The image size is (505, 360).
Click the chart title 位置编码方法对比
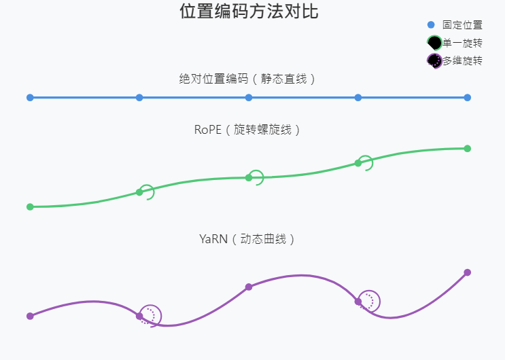coord(249,12)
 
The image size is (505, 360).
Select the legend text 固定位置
coord(462,25)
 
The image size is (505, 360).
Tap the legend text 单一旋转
coord(462,43)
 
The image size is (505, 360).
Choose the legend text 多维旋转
coord(462,60)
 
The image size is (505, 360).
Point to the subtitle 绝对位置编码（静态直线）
coord(249,79)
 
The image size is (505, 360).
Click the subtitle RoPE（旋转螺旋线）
coord(249,129)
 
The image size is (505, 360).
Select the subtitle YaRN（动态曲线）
coord(249,239)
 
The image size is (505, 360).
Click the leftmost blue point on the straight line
coord(30,98)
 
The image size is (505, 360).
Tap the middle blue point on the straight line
coord(249,98)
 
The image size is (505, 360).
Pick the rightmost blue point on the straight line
coord(468,98)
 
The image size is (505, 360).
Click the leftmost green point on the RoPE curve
coord(30,206)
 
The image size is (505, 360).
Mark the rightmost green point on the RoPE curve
coord(468,149)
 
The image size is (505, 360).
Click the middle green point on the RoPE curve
coord(249,178)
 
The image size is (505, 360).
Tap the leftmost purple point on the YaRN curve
coord(30,316)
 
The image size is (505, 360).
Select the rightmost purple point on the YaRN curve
coord(468,272)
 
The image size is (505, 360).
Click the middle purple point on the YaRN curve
coord(249,287)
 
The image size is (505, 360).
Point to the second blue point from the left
coord(139,98)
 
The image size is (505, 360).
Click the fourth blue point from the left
coord(358,98)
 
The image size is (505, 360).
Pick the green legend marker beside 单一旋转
coord(434,43)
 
